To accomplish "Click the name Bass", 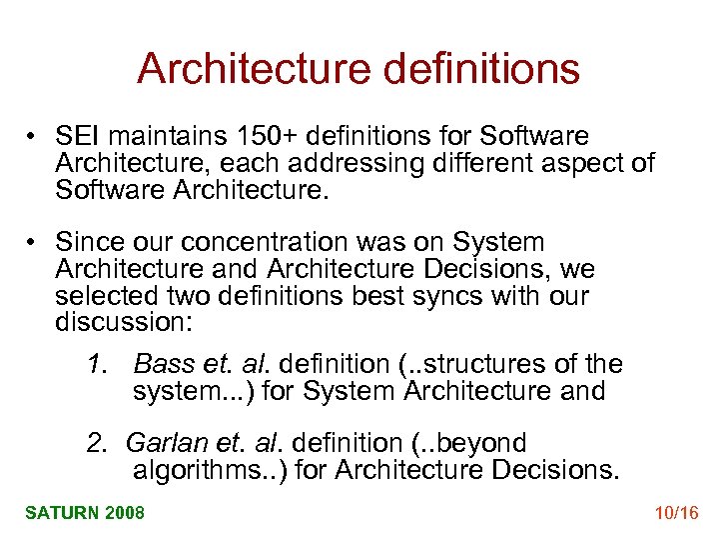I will coord(161,364).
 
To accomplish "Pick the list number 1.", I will coord(95,364).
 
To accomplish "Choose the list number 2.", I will coord(95,443).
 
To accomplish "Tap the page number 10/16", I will coord(675,513).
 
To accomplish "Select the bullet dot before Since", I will coord(33,243).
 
